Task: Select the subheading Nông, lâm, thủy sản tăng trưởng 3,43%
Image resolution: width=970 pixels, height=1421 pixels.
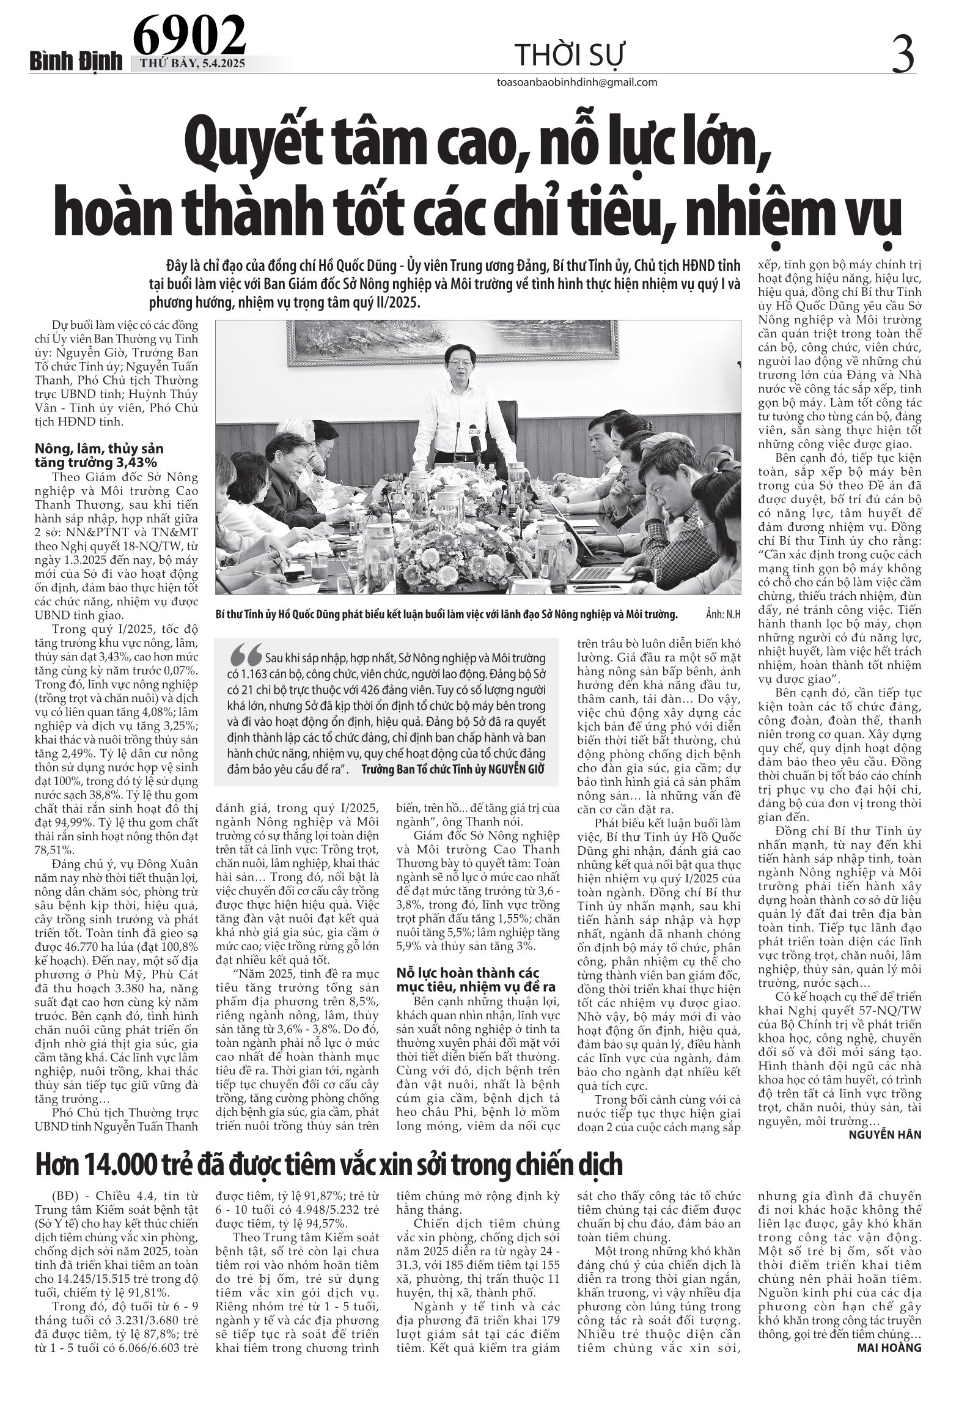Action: coord(100,456)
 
